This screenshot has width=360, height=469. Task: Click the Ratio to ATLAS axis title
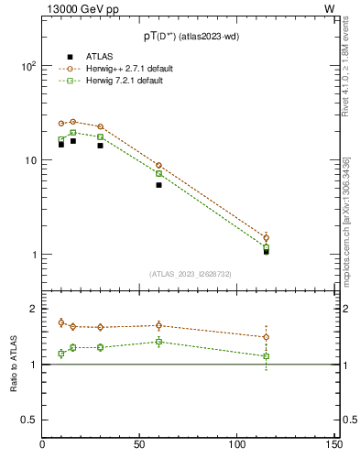(x=14, y=365)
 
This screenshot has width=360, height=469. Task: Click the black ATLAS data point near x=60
(x=158, y=185)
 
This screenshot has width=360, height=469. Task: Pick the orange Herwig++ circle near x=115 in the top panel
(x=266, y=238)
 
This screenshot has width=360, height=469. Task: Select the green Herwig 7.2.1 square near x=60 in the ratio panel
(x=158, y=342)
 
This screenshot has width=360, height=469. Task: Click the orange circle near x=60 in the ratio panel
(x=158, y=325)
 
